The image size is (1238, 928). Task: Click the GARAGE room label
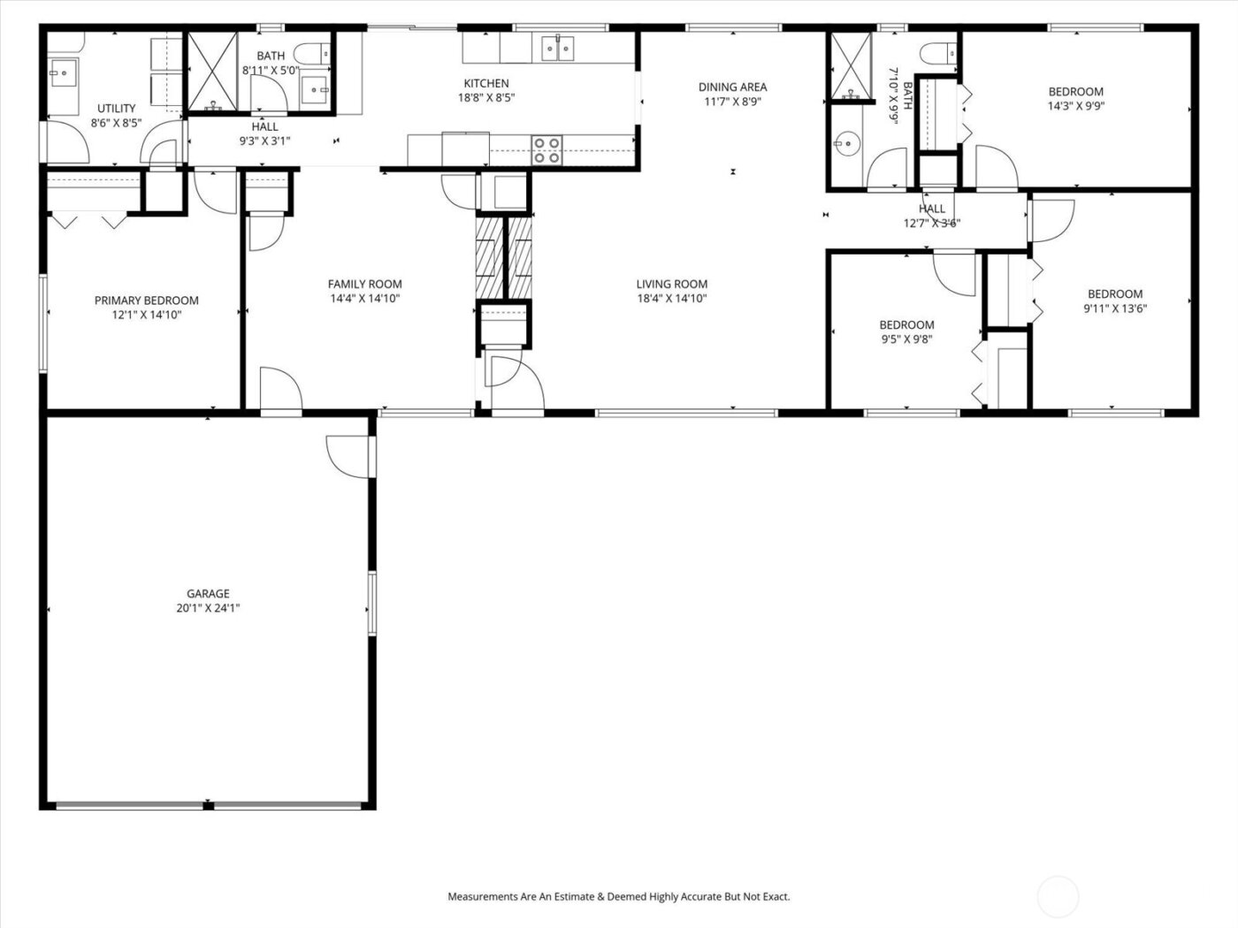208,594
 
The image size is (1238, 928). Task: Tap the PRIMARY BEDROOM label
147,300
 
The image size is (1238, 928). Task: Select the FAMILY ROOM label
364,284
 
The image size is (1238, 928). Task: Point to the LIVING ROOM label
672,284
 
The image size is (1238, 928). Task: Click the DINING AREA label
732,87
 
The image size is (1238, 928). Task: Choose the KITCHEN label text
486,83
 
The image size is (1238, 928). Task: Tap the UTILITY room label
116,108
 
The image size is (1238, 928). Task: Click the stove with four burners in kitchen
546,150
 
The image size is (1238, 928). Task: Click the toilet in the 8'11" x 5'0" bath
312,53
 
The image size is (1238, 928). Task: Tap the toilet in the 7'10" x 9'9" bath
937,53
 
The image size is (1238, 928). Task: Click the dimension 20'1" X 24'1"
208,608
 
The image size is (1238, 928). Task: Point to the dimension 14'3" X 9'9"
1075,105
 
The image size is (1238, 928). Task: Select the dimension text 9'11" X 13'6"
1114,308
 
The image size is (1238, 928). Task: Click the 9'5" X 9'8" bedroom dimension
906,338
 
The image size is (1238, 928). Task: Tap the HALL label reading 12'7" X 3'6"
931,209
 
